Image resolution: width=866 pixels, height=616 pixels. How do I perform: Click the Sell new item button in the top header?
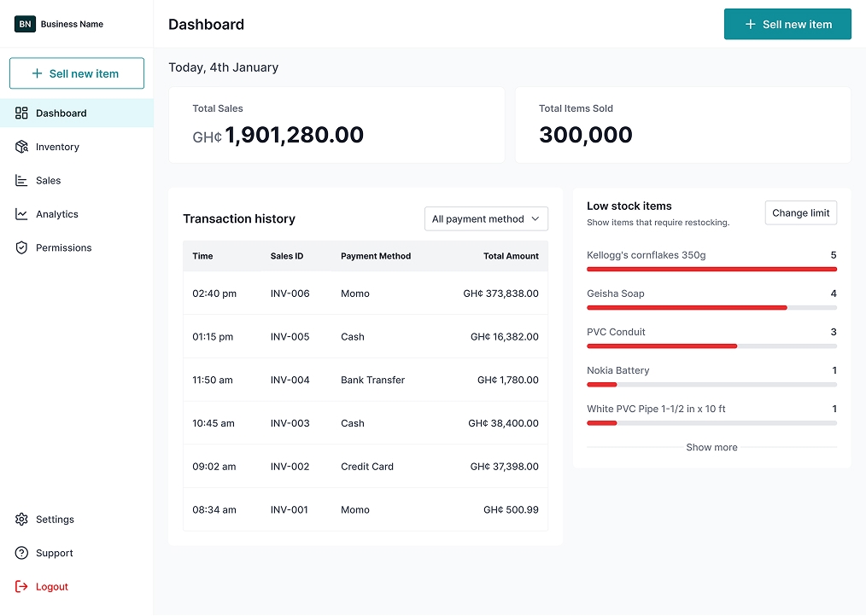(787, 24)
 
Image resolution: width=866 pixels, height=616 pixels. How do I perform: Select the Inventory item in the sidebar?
(57, 147)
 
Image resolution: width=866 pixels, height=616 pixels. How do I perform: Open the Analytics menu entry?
(56, 214)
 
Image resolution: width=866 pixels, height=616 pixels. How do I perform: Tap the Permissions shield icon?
(21, 247)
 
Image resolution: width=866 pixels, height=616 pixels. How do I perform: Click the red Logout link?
(51, 587)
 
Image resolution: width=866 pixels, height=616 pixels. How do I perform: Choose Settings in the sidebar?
(55, 520)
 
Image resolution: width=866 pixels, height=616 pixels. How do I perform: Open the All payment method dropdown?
(486, 219)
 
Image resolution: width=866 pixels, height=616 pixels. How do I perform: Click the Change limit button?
(800, 213)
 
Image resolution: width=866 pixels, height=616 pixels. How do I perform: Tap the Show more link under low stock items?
(711, 447)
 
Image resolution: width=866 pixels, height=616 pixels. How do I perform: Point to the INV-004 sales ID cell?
(290, 380)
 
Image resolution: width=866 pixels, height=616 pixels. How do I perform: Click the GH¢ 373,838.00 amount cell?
(500, 293)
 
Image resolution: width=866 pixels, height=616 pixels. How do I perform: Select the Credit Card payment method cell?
(367, 467)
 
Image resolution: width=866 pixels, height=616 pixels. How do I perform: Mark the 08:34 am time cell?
(214, 510)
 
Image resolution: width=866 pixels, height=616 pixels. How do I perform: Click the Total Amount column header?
(511, 256)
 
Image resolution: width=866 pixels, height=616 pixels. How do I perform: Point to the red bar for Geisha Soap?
(687, 307)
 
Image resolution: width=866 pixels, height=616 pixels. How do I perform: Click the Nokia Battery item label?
(618, 370)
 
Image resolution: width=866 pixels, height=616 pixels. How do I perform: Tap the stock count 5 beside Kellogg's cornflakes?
(834, 255)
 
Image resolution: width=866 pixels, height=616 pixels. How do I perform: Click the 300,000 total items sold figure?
(586, 135)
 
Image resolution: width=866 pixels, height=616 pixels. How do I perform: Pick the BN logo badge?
(25, 24)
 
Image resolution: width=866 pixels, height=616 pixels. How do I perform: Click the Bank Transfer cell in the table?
(372, 380)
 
